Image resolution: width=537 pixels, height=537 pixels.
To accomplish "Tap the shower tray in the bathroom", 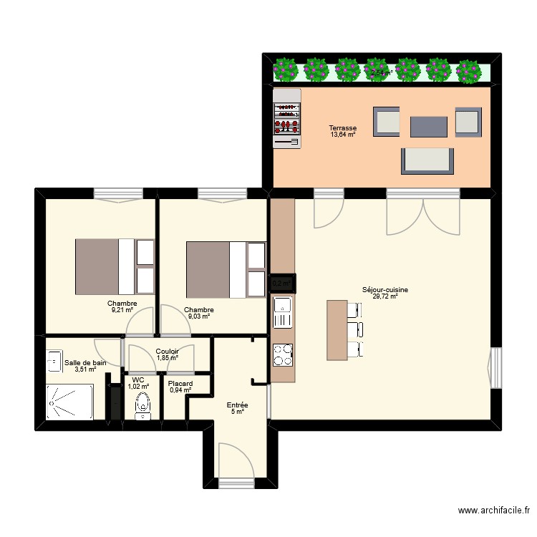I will coord(69,402).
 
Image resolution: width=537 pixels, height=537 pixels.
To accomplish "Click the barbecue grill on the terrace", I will coord(286,118).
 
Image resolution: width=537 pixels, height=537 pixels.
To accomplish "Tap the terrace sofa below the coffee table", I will coord(428,160).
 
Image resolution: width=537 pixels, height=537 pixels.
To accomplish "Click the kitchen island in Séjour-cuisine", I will coord(337,329).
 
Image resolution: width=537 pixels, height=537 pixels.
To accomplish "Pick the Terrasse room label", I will coord(342,128).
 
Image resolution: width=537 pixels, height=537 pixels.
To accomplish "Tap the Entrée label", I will coord(238,405).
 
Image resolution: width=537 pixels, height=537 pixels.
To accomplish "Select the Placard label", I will coord(180,383).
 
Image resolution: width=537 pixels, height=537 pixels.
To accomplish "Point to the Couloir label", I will coord(167,351).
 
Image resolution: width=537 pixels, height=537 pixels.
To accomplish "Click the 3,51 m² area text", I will coord(85,369).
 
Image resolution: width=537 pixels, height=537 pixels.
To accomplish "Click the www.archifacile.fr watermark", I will coord(494,511).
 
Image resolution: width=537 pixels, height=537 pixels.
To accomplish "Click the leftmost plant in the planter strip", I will coord(286,69).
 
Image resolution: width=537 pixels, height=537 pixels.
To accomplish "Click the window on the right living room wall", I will coord(494,368).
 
